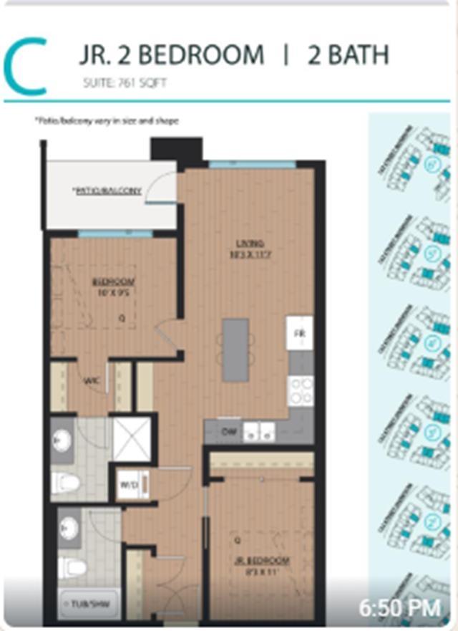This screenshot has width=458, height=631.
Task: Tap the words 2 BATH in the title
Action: [x=348, y=55]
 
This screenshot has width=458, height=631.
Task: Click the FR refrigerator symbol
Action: [x=298, y=333]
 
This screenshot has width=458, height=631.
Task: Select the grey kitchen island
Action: [x=235, y=350]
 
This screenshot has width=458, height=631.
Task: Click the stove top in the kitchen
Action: [x=300, y=391]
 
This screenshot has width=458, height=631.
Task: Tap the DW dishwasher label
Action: [x=228, y=432]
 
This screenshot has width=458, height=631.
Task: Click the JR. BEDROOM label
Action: [x=260, y=560]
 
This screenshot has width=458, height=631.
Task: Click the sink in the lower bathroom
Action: [x=67, y=528]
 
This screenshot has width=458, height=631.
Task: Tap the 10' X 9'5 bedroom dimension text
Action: [x=114, y=292]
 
